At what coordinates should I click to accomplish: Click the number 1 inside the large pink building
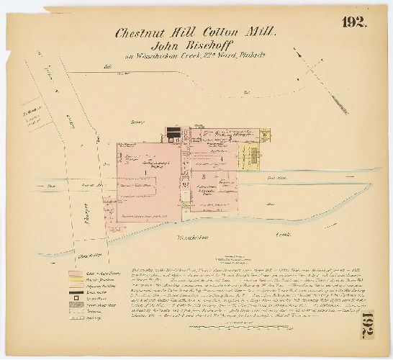click(x=145, y=172)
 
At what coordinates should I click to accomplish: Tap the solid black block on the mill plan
click(x=173, y=131)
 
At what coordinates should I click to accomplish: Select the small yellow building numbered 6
click(x=264, y=132)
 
